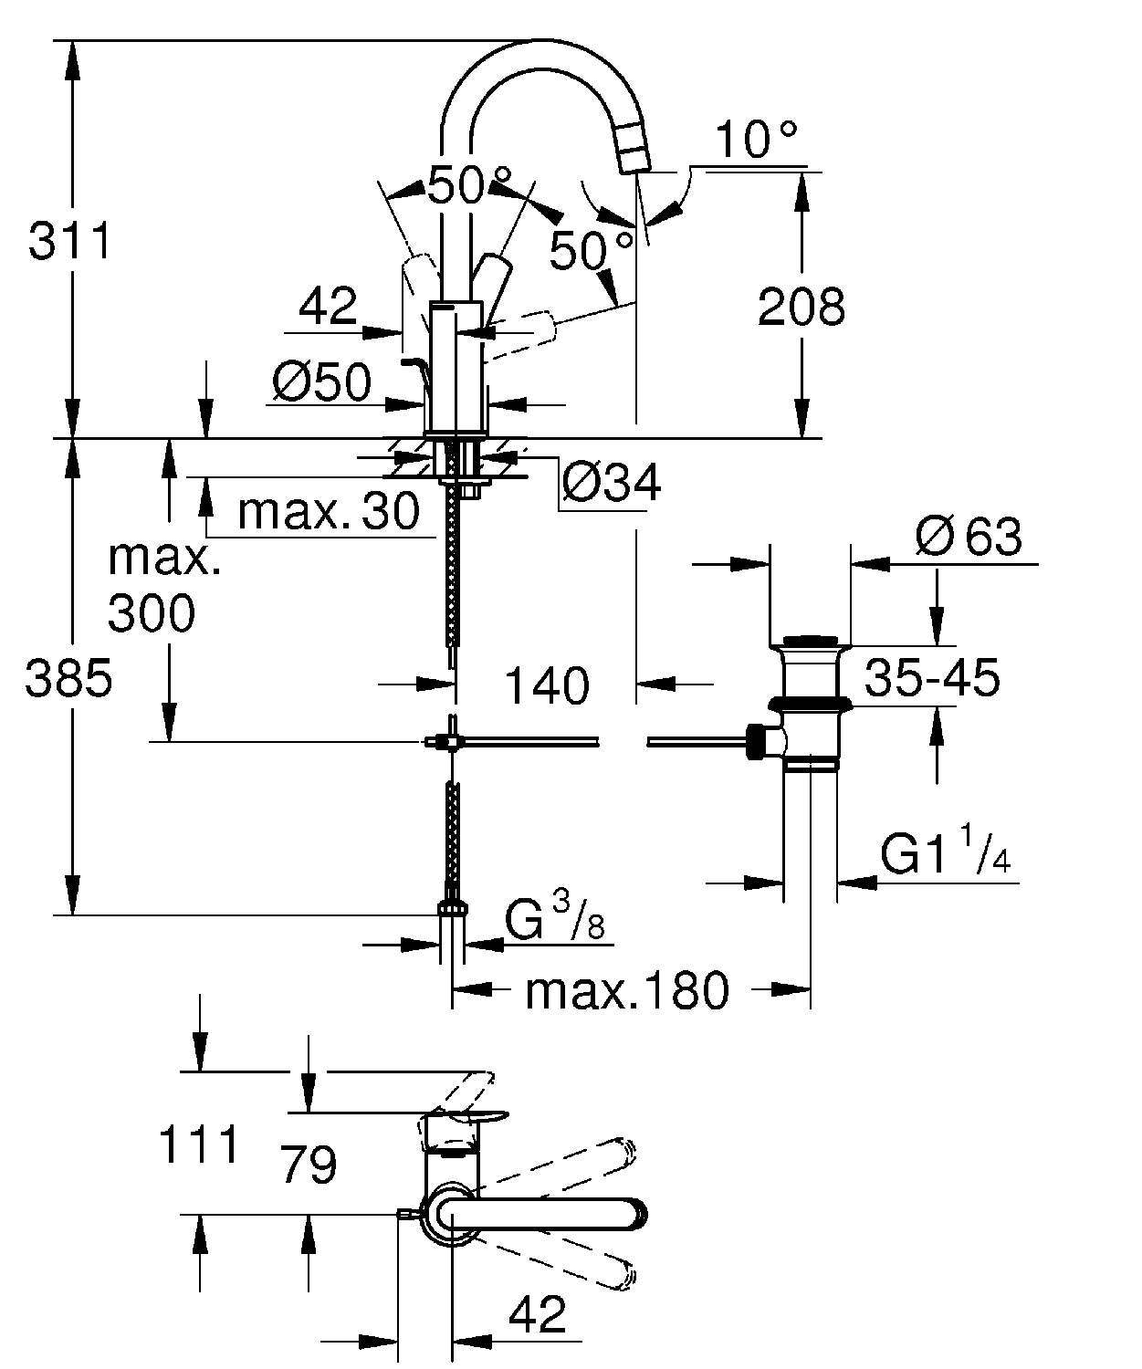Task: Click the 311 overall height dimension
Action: [x=69, y=241]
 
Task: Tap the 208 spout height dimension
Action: [x=801, y=306]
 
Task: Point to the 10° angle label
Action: [x=756, y=140]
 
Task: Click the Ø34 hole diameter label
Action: [x=612, y=483]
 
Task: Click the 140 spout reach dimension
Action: [x=547, y=685]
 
